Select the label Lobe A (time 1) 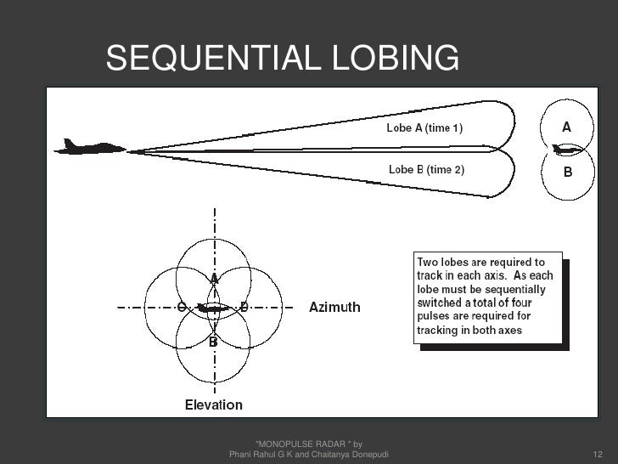pyautogui.click(x=426, y=128)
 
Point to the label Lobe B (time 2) pyautogui.click(x=426, y=169)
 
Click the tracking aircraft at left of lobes pyautogui.click(x=89, y=147)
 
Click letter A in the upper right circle pyautogui.click(x=565, y=127)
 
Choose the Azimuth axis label pyautogui.click(x=334, y=307)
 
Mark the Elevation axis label pyautogui.click(x=214, y=405)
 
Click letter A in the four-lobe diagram pyautogui.click(x=215, y=278)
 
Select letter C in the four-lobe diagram pyautogui.click(x=181, y=307)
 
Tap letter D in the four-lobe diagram pyautogui.click(x=244, y=307)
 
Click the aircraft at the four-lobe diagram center pyautogui.click(x=213, y=308)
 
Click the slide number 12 pyautogui.click(x=597, y=456)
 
